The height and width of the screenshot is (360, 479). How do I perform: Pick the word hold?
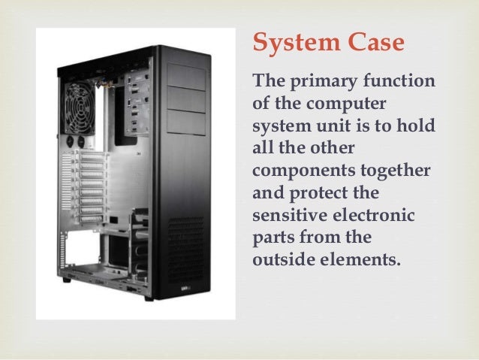(417, 126)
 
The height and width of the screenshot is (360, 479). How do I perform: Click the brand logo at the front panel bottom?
(186, 289)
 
